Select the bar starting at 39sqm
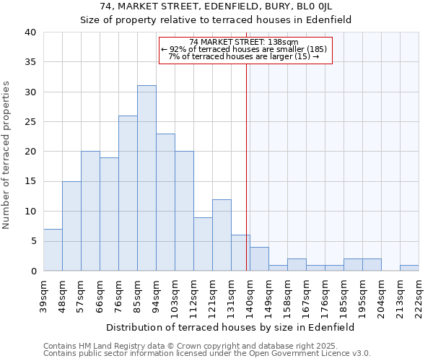(53, 250)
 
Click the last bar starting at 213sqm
(409, 268)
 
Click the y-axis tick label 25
(30, 122)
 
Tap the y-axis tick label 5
(32, 241)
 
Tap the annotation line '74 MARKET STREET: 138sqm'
(245, 43)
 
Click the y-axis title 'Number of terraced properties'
(6, 155)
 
